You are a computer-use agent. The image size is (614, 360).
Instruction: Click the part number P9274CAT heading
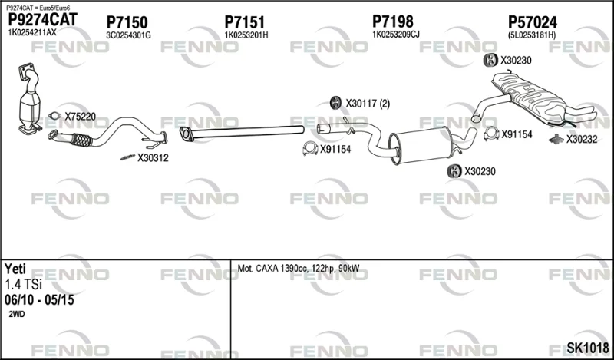pyautogui.click(x=43, y=20)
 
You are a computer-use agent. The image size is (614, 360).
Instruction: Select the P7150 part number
pyautogui.click(x=127, y=22)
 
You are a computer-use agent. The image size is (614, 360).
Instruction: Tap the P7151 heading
pyautogui.click(x=244, y=22)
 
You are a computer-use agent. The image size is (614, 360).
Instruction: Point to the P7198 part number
pyautogui.click(x=393, y=21)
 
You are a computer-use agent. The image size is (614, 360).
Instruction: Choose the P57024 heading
pyautogui.click(x=533, y=22)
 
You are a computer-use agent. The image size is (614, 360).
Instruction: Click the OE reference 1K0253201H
pyautogui.click(x=246, y=35)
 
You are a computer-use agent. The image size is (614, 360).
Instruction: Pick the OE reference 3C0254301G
pyautogui.click(x=128, y=35)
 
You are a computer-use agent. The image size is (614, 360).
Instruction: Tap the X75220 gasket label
pyautogui.click(x=80, y=117)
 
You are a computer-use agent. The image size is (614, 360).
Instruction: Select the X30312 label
pyautogui.click(x=153, y=158)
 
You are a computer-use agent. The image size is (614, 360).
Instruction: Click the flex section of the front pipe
pyautogui.click(x=81, y=140)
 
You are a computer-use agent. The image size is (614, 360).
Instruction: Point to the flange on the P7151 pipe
pyautogui.click(x=186, y=134)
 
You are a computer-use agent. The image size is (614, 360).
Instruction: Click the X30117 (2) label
pyautogui.click(x=368, y=104)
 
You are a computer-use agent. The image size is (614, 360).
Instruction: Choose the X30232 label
pyautogui.click(x=582, y=139)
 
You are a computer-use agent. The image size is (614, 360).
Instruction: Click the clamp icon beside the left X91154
pyautogui.click(x=310, y=148)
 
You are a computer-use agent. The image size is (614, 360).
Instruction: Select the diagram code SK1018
pyautogui.click(x=588, y=348)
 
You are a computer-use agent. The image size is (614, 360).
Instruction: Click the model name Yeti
pyautogui.click(x=15, y=269)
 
